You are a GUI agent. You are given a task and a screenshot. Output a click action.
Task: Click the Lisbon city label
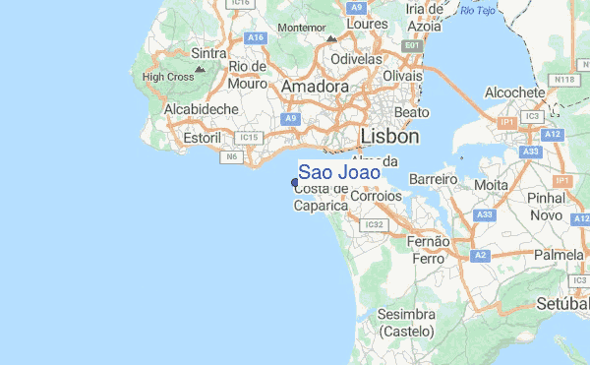click(389, 136)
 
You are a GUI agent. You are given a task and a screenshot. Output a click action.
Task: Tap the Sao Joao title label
click(339, 172)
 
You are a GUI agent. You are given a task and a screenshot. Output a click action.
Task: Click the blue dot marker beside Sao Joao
click(295, 182)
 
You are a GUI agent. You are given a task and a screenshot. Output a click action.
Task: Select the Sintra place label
click(209, 53)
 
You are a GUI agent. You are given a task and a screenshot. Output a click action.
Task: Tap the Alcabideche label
click(201, 109)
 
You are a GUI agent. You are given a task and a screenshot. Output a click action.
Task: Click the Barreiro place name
click(435, 180)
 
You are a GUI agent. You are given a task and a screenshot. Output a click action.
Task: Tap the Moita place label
click(491, 184)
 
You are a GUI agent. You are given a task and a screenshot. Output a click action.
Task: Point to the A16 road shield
click(257, 37)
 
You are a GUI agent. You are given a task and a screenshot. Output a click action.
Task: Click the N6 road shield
click(233, 156)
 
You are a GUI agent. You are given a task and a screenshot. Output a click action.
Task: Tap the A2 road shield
click(481, 256)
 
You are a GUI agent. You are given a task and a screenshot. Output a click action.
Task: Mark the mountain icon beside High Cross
click(201, 70)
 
